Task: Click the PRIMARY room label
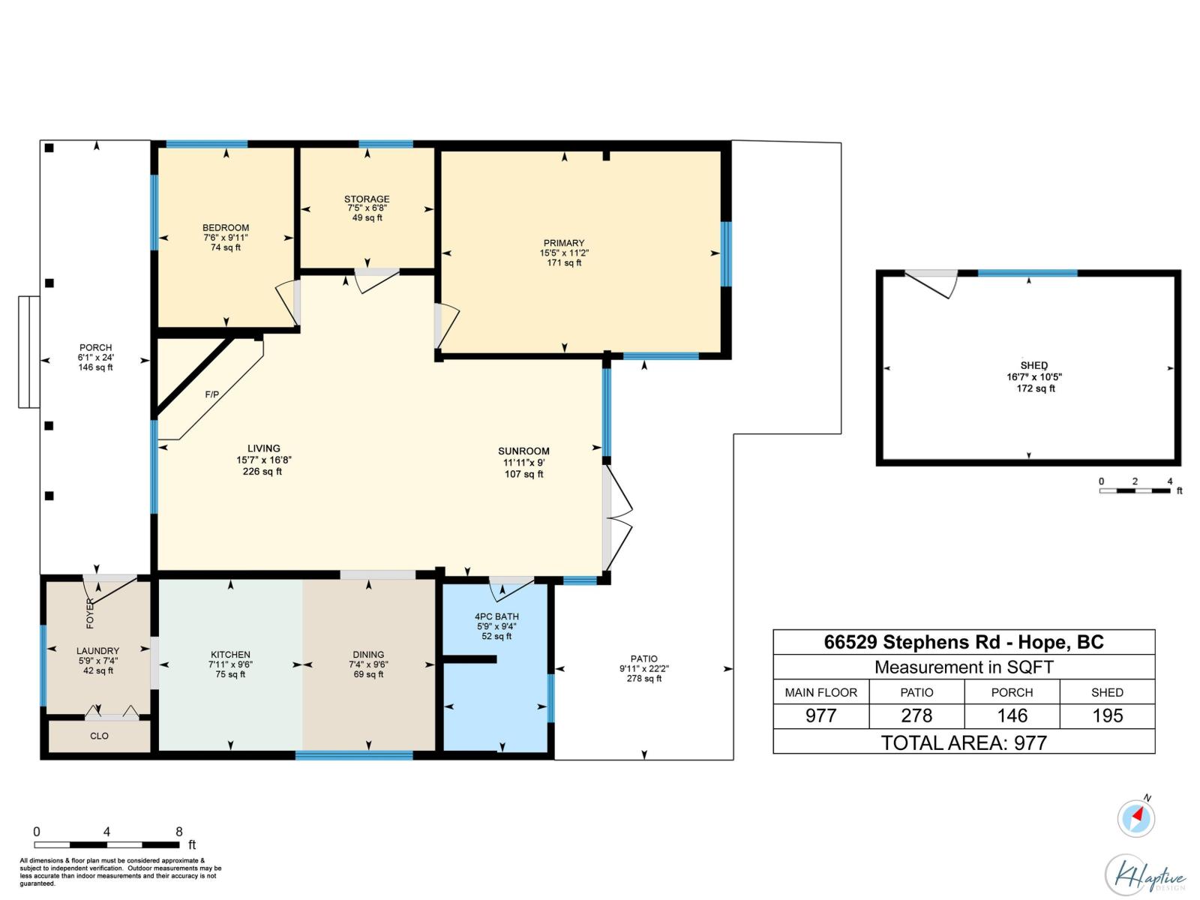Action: point(563,243)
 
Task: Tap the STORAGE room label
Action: point(367,199)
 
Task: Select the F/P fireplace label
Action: point(212,394)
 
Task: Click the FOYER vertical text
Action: point(91,613)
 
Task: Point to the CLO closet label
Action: point(99,736)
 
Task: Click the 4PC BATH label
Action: point(496,616)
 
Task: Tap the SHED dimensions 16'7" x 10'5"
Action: point(1034,377)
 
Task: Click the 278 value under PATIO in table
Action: point(916,715)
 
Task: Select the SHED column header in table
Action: point(1107,692)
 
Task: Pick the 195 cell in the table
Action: point(1107,715)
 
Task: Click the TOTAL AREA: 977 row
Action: point(964,742)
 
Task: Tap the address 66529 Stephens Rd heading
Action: point(964,642)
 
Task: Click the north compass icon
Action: point(1135,817)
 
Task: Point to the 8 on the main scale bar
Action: point(179,831)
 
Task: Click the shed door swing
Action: point(934,283)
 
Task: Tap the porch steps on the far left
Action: point(28,352)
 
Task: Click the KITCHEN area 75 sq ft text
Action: point(230,674)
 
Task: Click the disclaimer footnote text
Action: point(120,872)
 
